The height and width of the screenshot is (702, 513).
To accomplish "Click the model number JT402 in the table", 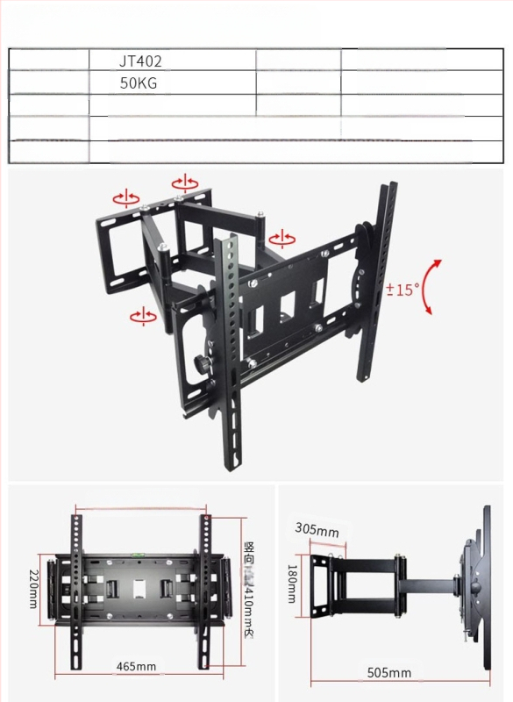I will click(141, 61).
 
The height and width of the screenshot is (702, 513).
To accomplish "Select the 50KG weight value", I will click(140, 84).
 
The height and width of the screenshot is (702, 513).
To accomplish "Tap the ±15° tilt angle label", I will click(403, 289).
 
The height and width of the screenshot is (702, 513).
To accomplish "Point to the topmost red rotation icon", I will click(185, 183).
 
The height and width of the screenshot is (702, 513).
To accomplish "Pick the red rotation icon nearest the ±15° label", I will click(281, 238).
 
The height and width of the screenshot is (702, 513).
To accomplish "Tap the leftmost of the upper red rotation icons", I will click(125, 196).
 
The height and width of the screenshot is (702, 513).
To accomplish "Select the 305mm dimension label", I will click(317, 530).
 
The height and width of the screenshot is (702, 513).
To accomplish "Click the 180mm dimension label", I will click(291, 584).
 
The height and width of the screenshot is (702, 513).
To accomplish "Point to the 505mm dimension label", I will click(389, 672).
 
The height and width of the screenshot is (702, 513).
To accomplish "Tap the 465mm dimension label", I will click(137, 666).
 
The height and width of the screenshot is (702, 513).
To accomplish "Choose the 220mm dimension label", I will click(32, 588).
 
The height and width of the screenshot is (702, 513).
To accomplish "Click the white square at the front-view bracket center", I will click(139, 586).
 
